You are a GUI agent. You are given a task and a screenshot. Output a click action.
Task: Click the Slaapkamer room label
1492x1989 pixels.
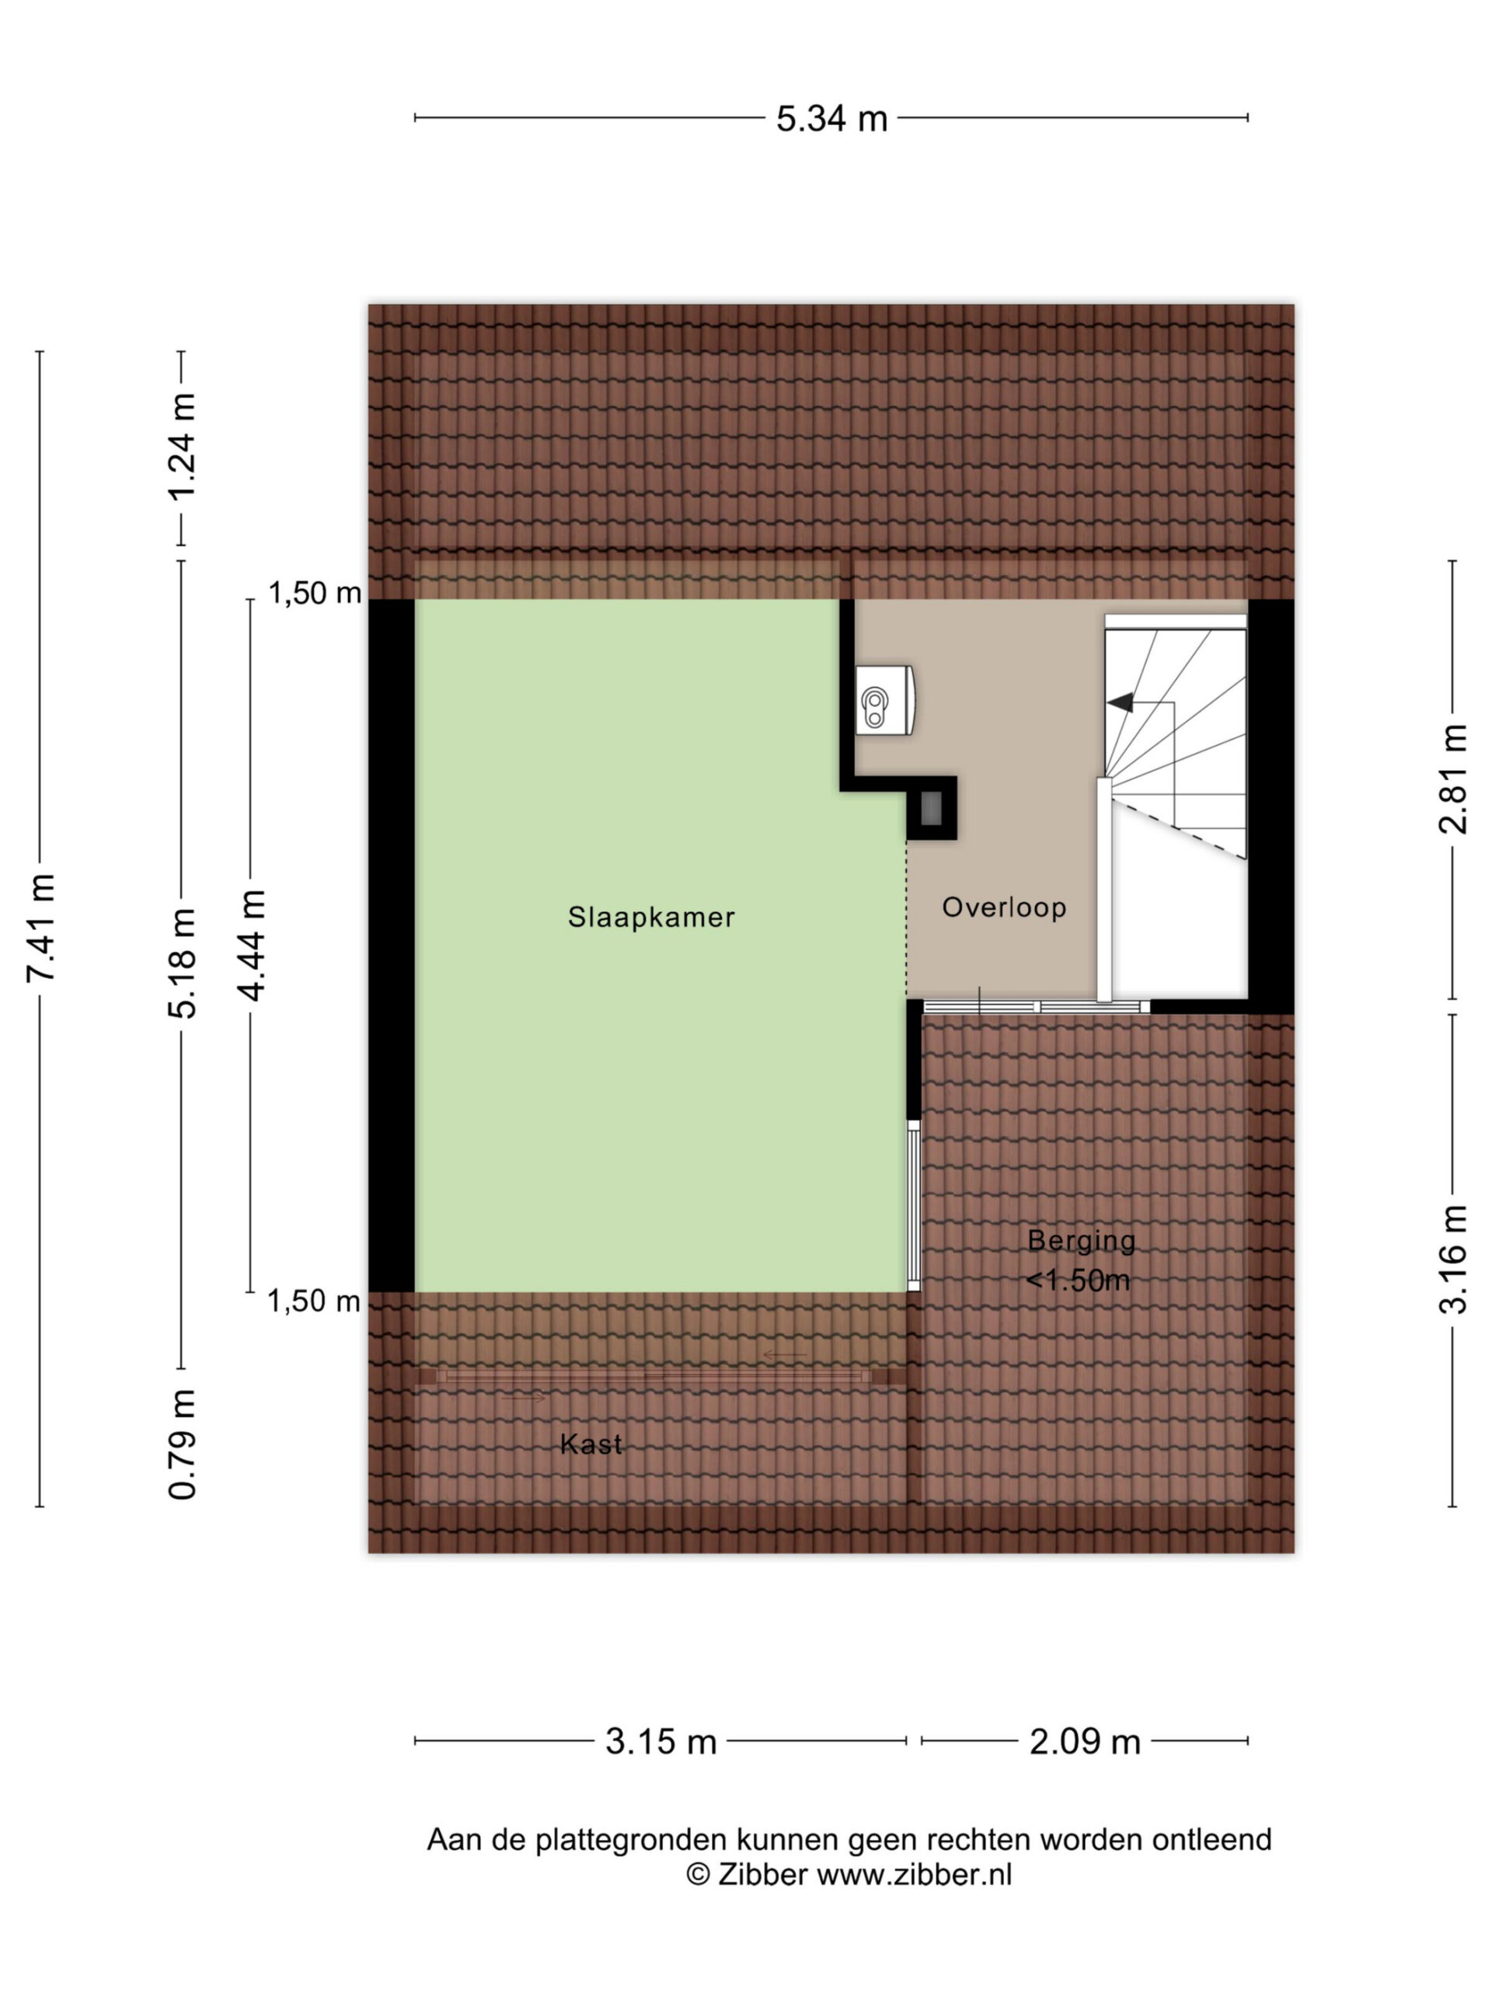(651, 917)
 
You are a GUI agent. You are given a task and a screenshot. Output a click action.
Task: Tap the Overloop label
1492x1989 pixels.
(1004, 907)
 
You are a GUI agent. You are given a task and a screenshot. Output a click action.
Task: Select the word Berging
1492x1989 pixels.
(1081, 1241)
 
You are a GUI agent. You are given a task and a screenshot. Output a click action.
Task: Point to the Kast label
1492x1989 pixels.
(591, 1444)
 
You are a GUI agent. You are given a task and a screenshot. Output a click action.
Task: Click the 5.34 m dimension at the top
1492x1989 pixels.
(832, 119)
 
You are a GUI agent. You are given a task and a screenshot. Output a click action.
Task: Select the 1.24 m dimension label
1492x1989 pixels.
(182, 446)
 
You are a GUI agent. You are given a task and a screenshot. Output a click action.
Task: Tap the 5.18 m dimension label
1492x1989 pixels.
(182, 964)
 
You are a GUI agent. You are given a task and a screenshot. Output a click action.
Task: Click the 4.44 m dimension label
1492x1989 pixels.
(251, 945)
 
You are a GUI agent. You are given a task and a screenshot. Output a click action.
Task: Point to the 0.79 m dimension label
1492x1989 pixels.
(182, 1445)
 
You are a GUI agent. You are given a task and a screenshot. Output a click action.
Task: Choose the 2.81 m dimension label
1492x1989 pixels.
(1453, 779)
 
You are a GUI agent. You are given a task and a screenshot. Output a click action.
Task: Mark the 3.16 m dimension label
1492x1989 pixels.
(1453, 1259)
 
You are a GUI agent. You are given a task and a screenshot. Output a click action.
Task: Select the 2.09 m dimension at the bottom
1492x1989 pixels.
(1085, 1742)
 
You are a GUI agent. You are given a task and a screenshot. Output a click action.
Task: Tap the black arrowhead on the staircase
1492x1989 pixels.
(1120, 703)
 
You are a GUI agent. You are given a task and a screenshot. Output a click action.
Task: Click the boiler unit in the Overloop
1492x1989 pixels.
(885, 702)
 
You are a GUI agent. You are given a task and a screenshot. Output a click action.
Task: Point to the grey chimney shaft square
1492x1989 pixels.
(932, 808)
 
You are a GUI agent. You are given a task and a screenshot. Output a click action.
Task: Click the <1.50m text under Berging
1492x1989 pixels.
(1077, 1280)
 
